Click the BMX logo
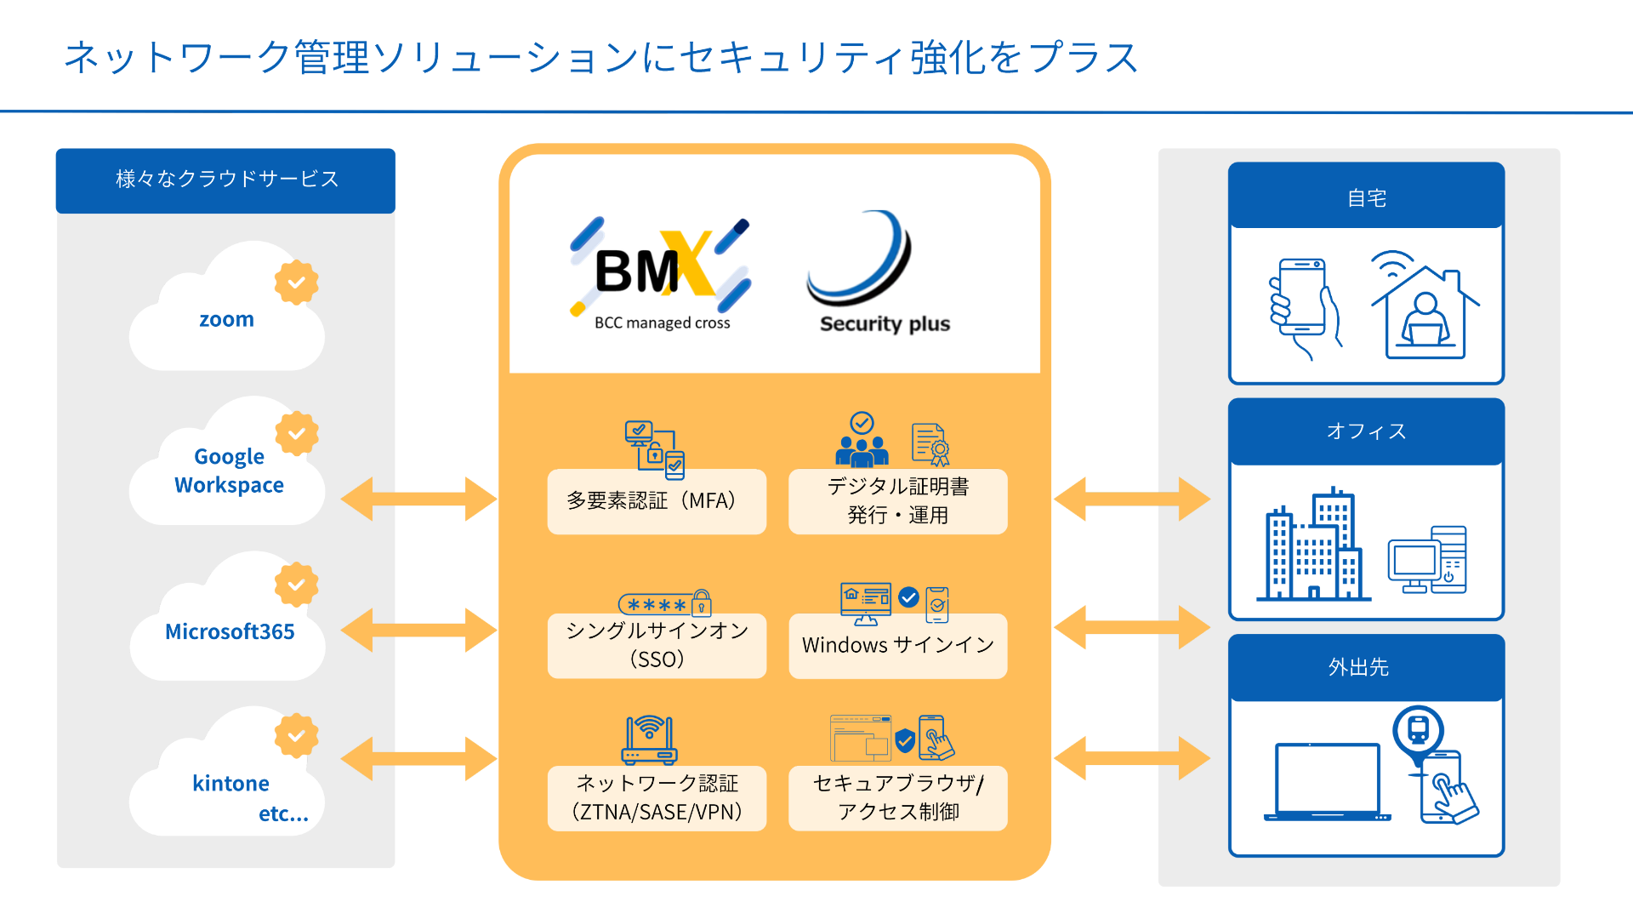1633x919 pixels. coord(659,271)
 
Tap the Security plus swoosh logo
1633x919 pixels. coord(861,260)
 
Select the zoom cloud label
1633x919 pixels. coord(226,319)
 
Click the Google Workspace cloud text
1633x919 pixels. coord(229,471)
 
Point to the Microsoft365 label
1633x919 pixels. coord(230,631)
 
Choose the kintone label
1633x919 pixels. coord(230,783)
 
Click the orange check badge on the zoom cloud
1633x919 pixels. coord(296,282)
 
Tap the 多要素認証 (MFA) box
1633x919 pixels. coord(657,501)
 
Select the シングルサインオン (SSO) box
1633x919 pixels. coord(657,645)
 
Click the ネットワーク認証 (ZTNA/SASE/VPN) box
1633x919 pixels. coord(657,797)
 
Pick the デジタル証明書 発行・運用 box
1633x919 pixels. coord(897,501)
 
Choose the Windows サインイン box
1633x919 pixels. coord(897,645)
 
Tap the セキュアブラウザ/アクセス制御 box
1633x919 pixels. coord(897,797)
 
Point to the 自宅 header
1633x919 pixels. coord(1366,197)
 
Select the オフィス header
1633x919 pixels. coord(1366,431)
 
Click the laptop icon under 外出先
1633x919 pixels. coord(1327,781)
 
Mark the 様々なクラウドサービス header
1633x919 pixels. coord(226,180)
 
